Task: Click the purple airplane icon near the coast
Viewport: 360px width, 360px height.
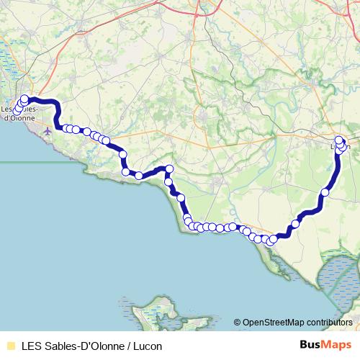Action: pyautogui.click(x=48, y=131)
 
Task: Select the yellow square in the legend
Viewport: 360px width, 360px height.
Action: pyautogui.click(x=10, y=346)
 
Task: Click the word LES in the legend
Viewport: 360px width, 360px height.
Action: pyautogui.click(x=32, y=346)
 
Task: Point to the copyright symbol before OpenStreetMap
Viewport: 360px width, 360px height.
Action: pyautogui.click(x=238, y=322)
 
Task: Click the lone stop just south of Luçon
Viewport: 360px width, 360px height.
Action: pyautogui.click(x=325, y=192)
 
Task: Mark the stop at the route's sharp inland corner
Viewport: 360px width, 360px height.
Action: pyautogui.click(x=169, y=169)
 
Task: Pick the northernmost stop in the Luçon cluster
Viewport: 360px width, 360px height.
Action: pyautogui.click(x=339, y=140)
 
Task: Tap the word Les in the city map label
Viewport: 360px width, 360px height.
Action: pyautogui.click(x=9, y=109)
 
